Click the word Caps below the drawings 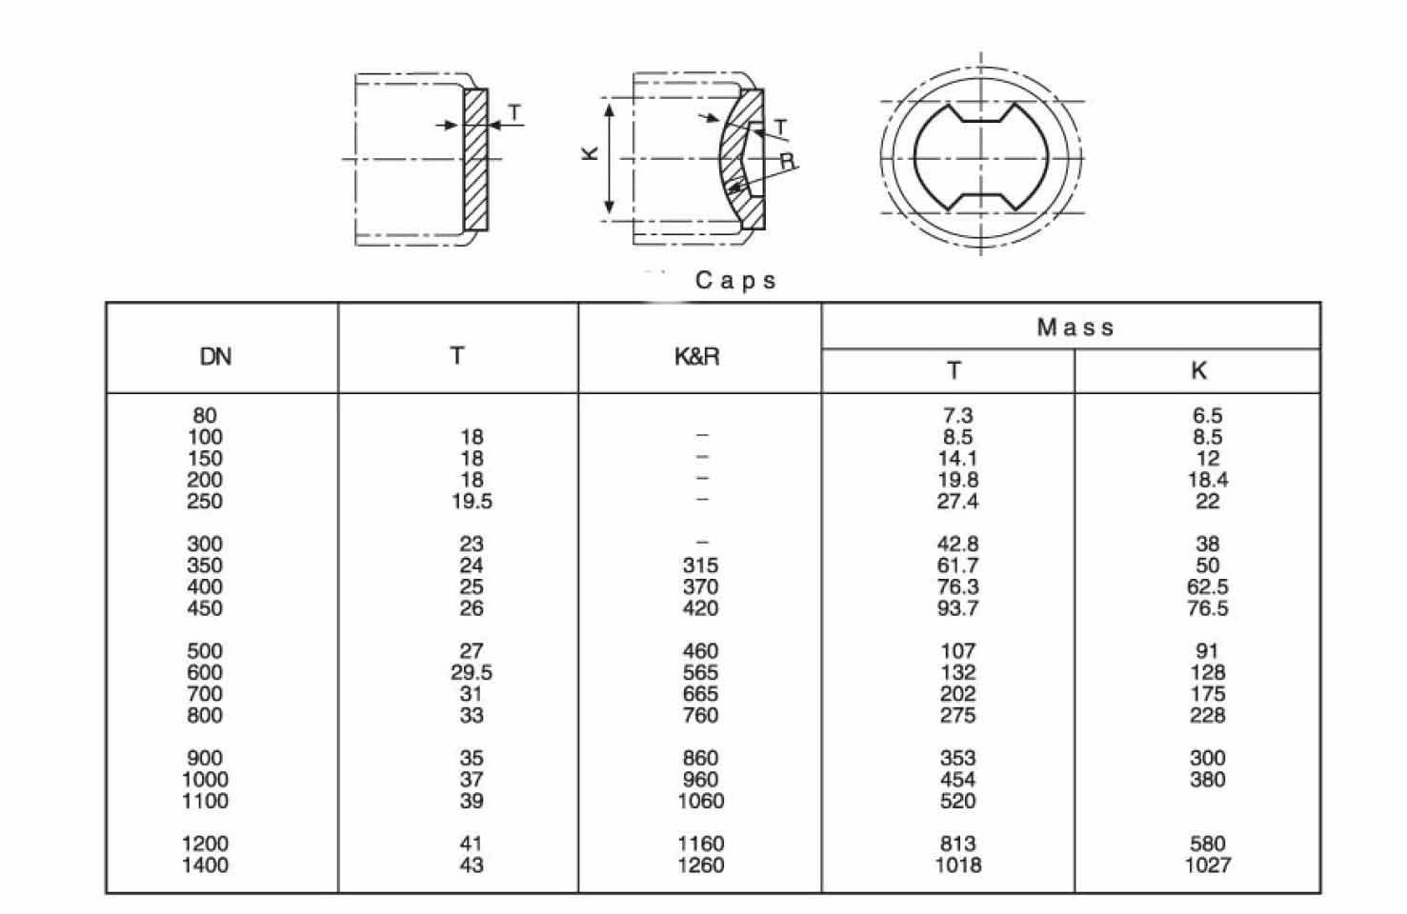click(735, 281)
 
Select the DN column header click(215, 357)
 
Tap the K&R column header click(696, 357)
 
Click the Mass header click(1075, 328)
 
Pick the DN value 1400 click(205, 865)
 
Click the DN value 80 click(205, 415)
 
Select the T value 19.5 click(472, 501)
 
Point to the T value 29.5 click(472, 672)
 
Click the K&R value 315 click(700, 565)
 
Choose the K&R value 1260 click(700, 865)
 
